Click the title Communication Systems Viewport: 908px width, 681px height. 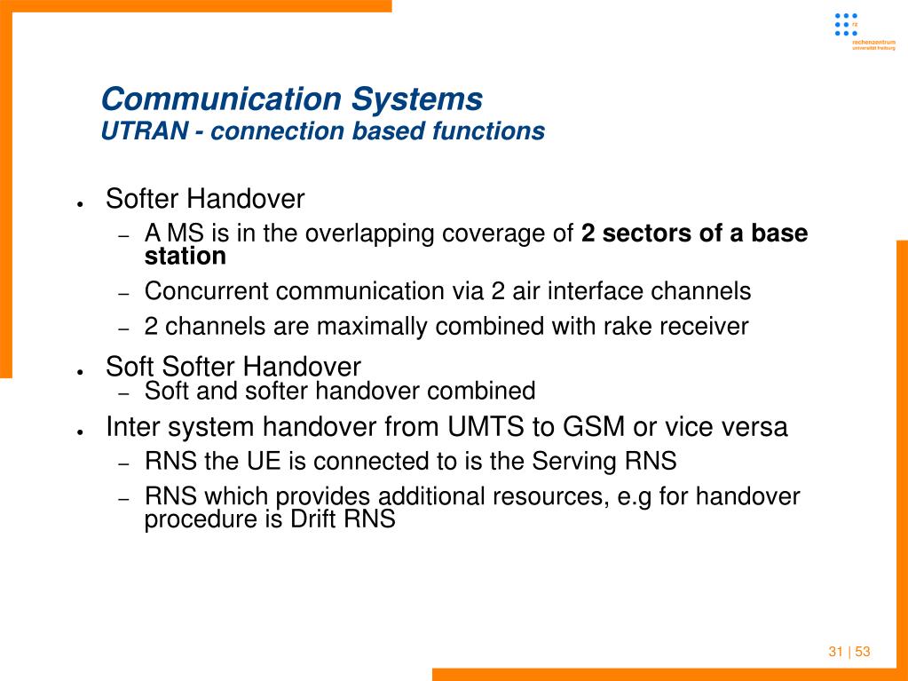(x=292, y=99)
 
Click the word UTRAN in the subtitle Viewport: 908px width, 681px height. (x=144, y=131)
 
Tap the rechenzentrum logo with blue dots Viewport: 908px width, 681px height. (x=864, y=32)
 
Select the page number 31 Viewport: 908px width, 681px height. (x=835, y=652)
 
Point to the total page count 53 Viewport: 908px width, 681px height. (x=863, y=652)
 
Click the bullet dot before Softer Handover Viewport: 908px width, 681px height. (x=81, y=204)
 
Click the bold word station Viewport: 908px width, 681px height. (x=186, y=257)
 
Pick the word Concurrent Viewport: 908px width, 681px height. (x=206, y=291)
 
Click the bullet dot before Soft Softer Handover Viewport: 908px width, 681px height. (x=81, y=372)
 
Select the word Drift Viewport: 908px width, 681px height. (x=313, y=519)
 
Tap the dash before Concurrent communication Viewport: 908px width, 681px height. (x=122, y=294)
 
